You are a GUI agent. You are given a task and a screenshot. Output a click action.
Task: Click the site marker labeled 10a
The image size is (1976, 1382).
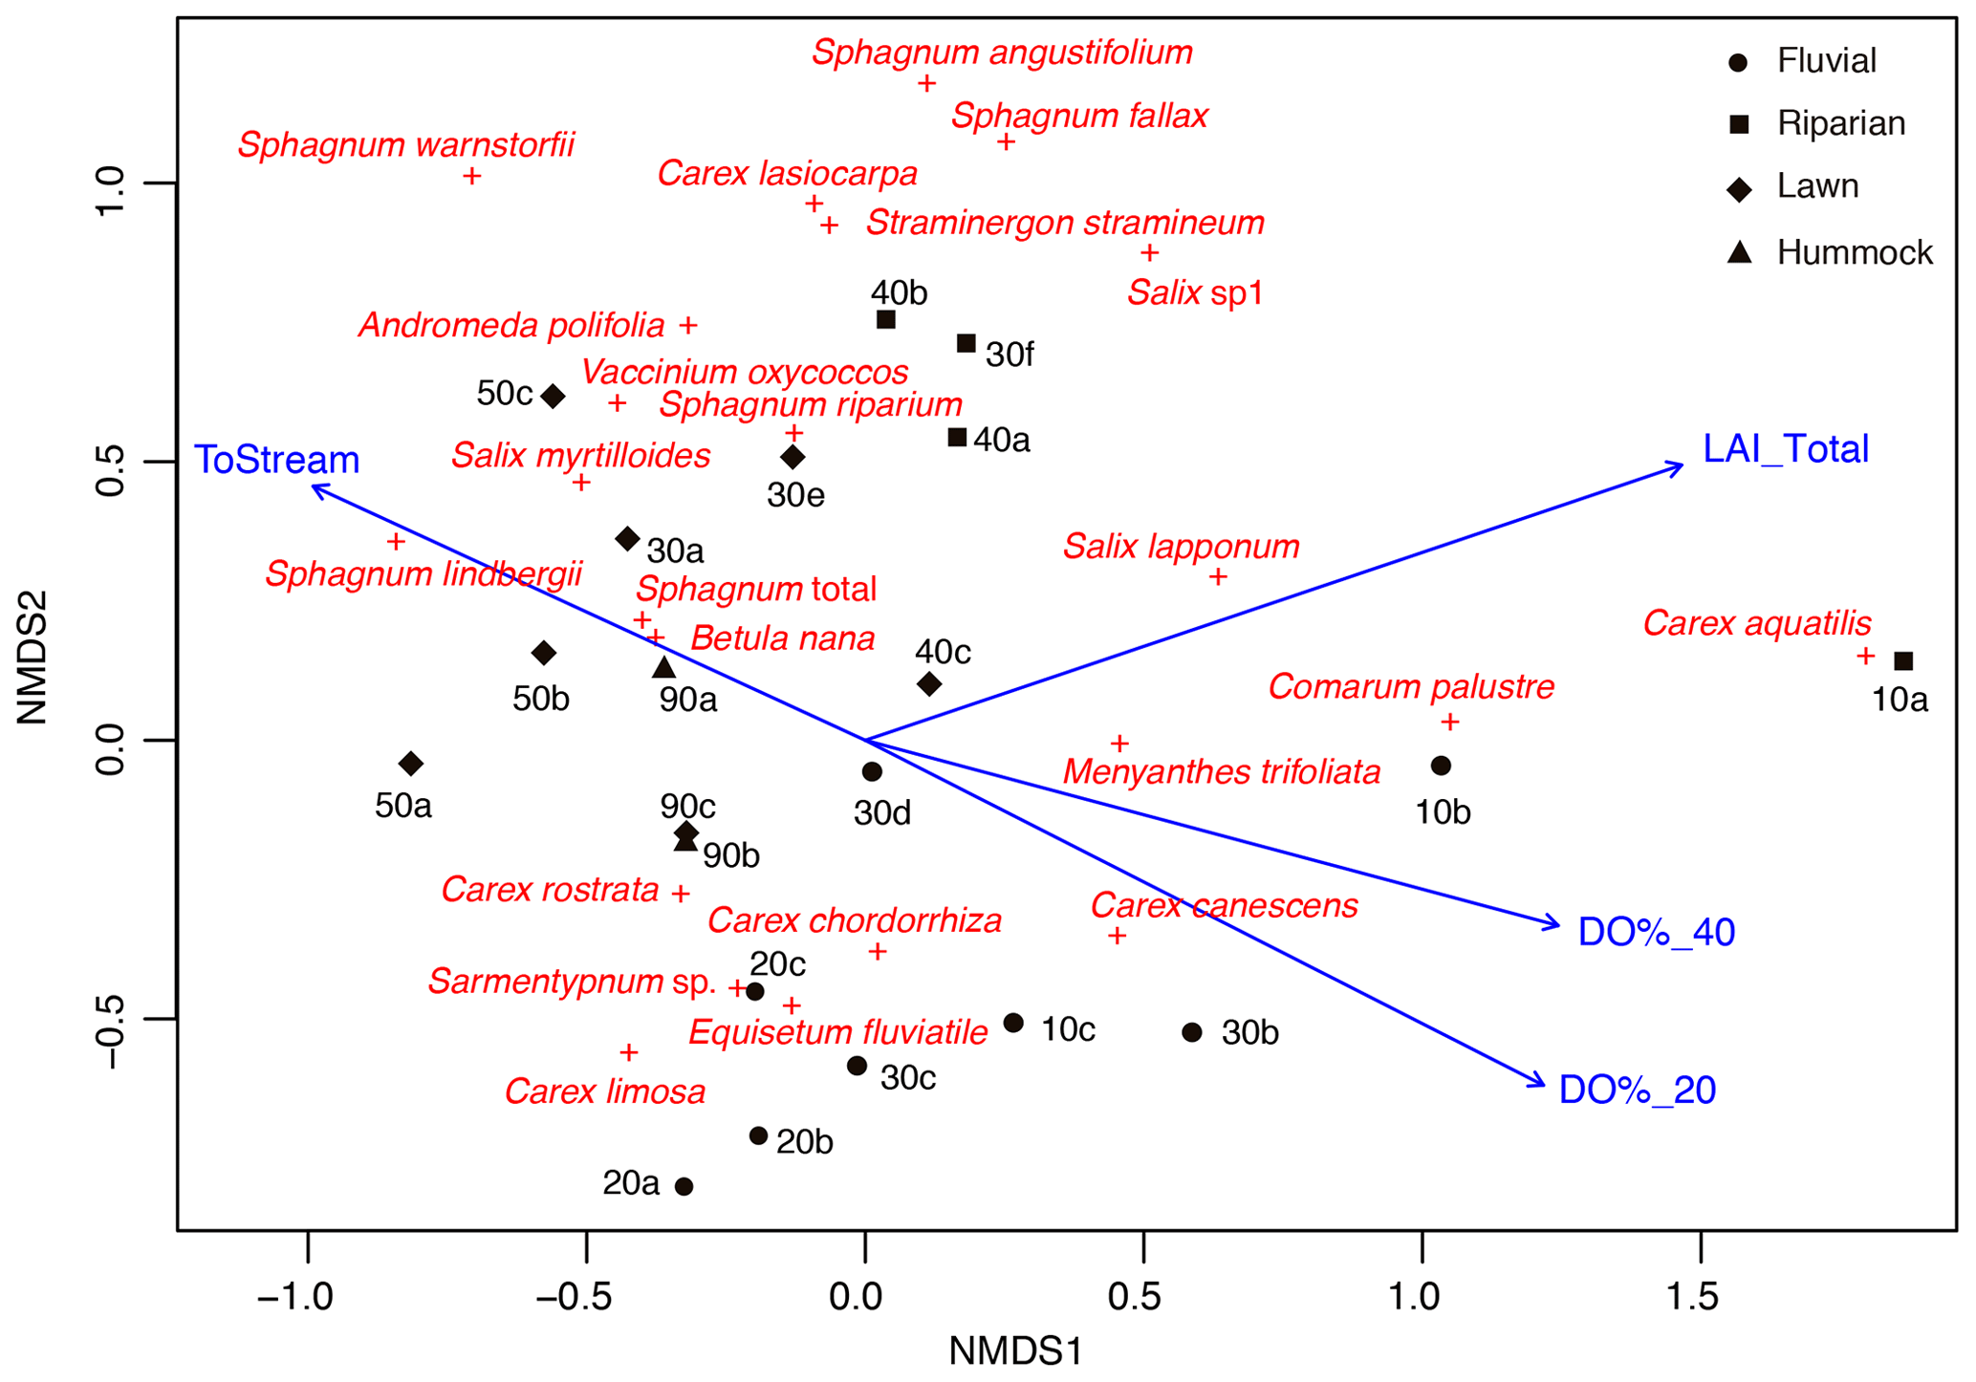pyautogui.click(x=1902, y=660)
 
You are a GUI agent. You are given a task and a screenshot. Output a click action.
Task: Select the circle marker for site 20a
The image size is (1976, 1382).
pyautogui.click(x=684, y=1186)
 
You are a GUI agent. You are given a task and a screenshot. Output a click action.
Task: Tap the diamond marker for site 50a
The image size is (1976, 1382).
pyautogui.click(x=411, y=763)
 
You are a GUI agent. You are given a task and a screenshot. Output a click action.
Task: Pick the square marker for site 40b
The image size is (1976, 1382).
pyautogui.click(x=886, y=319)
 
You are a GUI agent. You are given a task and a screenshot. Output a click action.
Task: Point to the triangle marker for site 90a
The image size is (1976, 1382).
pyautogui.click(x=664, y=667)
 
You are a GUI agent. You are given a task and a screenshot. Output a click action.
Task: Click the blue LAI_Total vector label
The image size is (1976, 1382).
pyautogui.click(x=1785, y=449)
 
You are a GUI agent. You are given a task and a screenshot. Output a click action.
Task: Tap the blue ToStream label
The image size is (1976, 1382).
pyautogui.click(x=277, y=460)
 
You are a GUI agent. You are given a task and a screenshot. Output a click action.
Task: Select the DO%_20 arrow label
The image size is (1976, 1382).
pyautogui.click(x=1637, y=1090)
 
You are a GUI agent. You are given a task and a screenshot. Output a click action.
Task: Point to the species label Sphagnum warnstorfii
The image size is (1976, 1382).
pyautogui.click(x=406, y=145)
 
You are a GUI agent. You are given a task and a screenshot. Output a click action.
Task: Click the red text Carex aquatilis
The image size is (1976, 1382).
pyautogui.click(x=1756, y=623)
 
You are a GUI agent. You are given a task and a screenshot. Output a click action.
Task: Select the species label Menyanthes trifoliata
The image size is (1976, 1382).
pyautogui.click(x=1222, y=771)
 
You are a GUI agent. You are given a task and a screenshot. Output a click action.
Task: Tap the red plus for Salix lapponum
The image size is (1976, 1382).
pyautogui.click(x=1218, y=576)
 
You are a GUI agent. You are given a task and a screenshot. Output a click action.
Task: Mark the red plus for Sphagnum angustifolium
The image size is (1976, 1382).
pyautogui.click(x=925, y=83)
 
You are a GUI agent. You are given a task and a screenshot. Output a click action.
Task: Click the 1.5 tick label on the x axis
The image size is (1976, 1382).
pyautogui.click(x=1700, y=1297)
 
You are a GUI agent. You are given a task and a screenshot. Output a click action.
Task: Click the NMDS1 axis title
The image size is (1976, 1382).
pyautogui.click(x=1015, y=1351)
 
